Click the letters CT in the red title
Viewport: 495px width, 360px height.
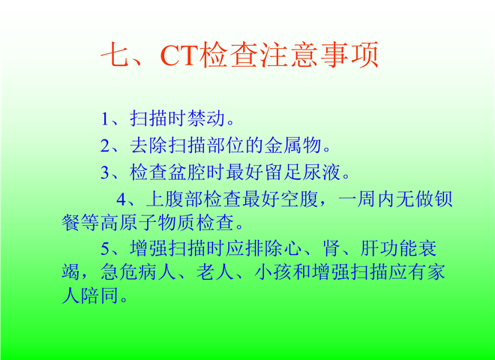180,55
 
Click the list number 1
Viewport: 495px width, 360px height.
105,119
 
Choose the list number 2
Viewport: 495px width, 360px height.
105,146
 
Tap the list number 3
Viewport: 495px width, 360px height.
105,172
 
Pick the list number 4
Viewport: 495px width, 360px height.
121,199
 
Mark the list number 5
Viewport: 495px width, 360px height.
105,248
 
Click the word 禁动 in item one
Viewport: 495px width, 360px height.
205,118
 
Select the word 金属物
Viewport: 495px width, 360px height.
292,145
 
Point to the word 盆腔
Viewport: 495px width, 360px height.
187,172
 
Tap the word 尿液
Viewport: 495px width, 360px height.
321,172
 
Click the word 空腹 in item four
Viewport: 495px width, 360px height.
299,199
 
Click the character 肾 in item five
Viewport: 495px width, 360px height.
331,248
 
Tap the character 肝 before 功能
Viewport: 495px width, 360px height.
369,248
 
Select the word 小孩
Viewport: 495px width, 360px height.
273,272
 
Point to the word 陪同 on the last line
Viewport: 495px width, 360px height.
100,296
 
